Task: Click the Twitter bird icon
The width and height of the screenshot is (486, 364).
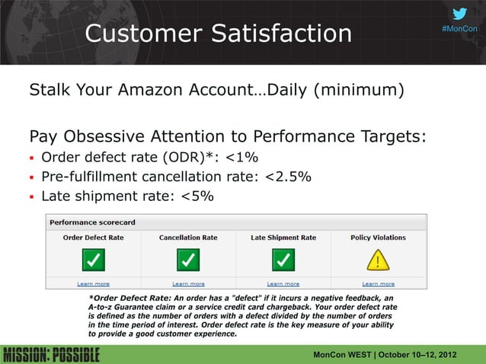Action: pos(459,14)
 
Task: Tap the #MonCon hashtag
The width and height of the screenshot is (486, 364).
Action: pos(459,29)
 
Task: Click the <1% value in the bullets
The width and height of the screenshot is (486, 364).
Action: pos(241,158)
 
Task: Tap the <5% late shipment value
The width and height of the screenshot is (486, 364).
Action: pos(197,196)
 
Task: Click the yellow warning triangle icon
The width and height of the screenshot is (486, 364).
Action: pos(378,261)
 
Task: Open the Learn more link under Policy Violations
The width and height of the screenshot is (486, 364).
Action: pos(378,284)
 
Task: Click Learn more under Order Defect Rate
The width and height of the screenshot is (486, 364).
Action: pos(93,284)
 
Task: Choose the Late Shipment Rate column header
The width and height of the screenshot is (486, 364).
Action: pos(283,238)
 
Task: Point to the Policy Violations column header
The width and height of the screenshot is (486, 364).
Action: pos(378,238)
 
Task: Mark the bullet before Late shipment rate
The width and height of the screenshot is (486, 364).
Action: pos(32,196)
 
